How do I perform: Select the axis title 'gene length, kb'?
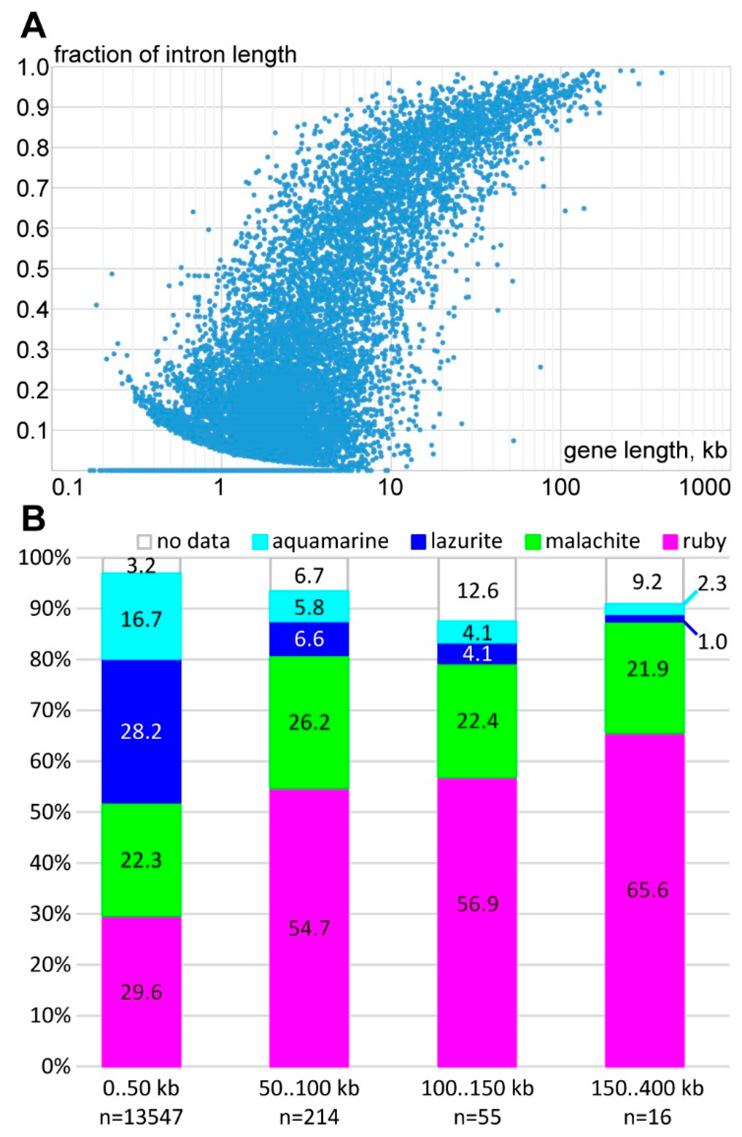pos(645,450)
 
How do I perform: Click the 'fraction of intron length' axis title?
pos(175,54)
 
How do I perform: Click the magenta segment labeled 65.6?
pos(647,890)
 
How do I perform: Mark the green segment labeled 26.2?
pos(309,723)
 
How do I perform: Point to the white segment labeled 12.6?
pos(477,591)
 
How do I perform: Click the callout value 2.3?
pos(712,584)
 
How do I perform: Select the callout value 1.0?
pos(712,642)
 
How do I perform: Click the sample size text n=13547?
pos(141,1125)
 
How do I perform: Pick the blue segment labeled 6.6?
pos(309,639)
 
